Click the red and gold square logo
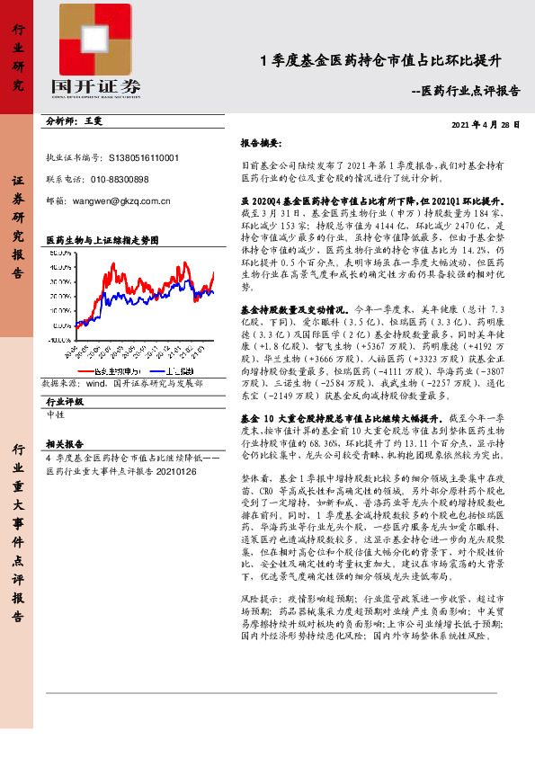tap(100, 37)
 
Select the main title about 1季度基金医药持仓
tap(379, 60)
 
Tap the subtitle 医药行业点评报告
tap(471, 91)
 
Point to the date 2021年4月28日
tap(485, 125)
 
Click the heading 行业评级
tap(64, 402)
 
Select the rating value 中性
tap(56, 414)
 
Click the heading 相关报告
tap(64, 443)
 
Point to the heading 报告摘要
tap(260, 143)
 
